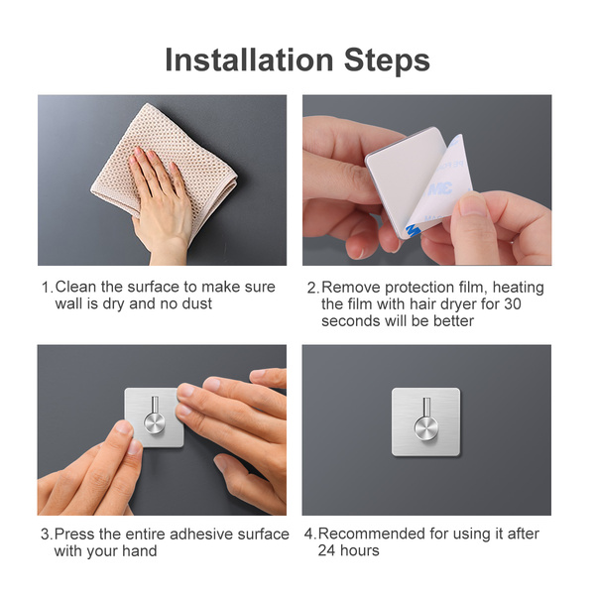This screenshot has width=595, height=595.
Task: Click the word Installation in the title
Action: pyautogui.click(x=249, y=59)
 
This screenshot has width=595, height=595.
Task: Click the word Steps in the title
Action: pyautogui.click(x=387, y=60)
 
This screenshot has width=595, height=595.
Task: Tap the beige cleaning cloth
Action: pyautogui.click(x=165, y=167)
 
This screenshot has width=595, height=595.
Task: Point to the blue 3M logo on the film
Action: pyautogui.click(x=440, y=188)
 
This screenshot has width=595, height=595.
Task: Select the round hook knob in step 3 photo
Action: pyautogui.click(x=155, y=423)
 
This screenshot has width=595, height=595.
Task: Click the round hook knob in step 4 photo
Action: pyautogui.click(x=425, y=429)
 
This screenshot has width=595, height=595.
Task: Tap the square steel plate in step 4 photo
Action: pyautogui.click(x=425, y=422)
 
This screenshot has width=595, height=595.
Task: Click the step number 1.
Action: pyautogui.click(x=47, y=288)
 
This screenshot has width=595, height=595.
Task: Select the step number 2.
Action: pyautogui.click(x=313, y=288)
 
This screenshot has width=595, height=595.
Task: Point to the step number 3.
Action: pyautogui.click(x=47, y=535)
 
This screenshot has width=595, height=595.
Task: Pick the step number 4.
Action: pyautogui.click(x=310, y=535)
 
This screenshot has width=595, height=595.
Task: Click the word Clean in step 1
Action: pyautogui.click(x=75, y=287)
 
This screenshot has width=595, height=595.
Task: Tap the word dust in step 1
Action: pyautogui.click(x=197, y=304)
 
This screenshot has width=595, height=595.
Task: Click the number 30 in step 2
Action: pyautogui.click(x=513, y=304)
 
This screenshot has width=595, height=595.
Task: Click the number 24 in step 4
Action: pyautogui.click(x=326, y=550)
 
